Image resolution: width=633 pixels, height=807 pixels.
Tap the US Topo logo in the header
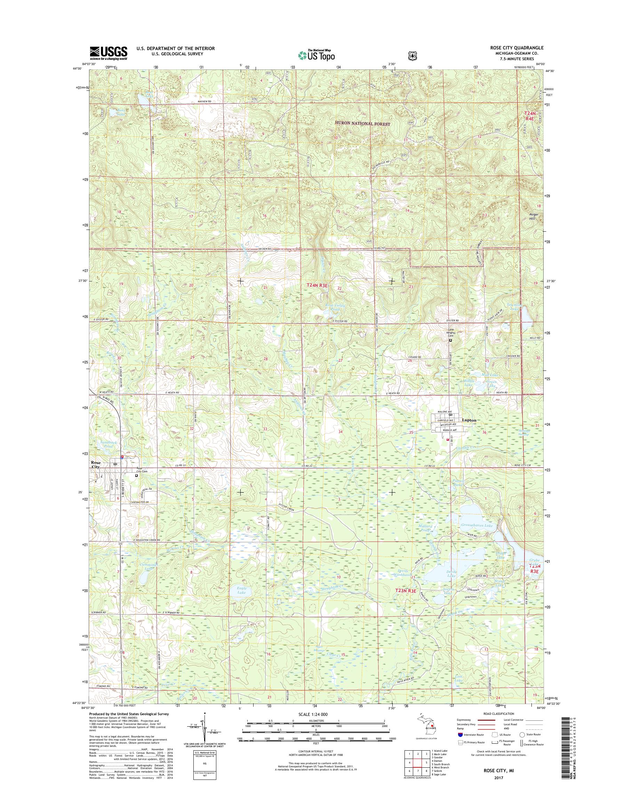click(x=316, y=55)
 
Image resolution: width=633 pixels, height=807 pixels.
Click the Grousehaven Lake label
click(x=476, y=526)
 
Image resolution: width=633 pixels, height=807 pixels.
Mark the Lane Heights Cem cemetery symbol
click(x=451, y=340)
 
